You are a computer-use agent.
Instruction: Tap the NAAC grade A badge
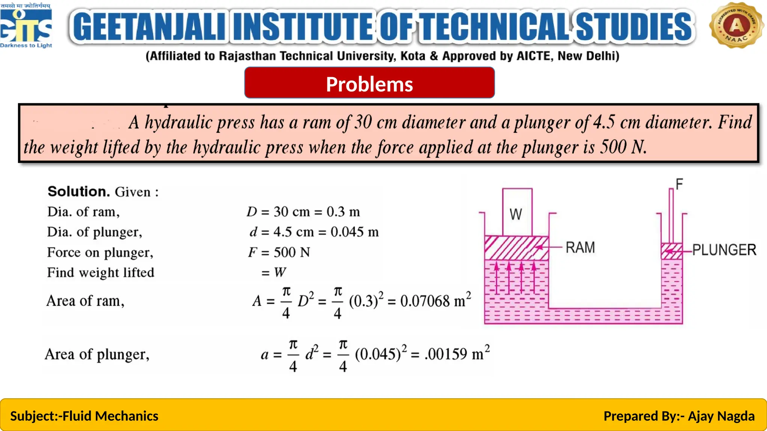(736, 25)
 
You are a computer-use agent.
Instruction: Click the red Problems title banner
(369, 83)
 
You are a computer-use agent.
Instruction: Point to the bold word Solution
(79, 192)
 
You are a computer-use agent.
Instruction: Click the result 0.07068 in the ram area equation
(425, 301)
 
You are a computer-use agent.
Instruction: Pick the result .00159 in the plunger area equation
(446, 354)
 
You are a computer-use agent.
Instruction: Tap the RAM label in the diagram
(580, 248)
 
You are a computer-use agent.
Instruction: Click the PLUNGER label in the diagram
(724, 250)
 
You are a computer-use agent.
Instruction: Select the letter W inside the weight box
(516, 214)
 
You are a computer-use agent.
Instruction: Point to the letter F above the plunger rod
(679, 184)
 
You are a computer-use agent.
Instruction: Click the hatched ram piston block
(516, 248)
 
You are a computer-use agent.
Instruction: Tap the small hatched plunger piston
(671, 251)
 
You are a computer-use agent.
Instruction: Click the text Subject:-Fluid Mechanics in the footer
(84, 416)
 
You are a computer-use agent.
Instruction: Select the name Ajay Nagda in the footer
(721, 416)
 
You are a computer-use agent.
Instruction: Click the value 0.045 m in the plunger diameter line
(354, 232)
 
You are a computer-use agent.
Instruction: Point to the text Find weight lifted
(101, 272)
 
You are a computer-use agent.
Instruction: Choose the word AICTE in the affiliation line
(534, 56)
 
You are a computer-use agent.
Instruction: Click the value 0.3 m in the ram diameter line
(343, 212)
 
